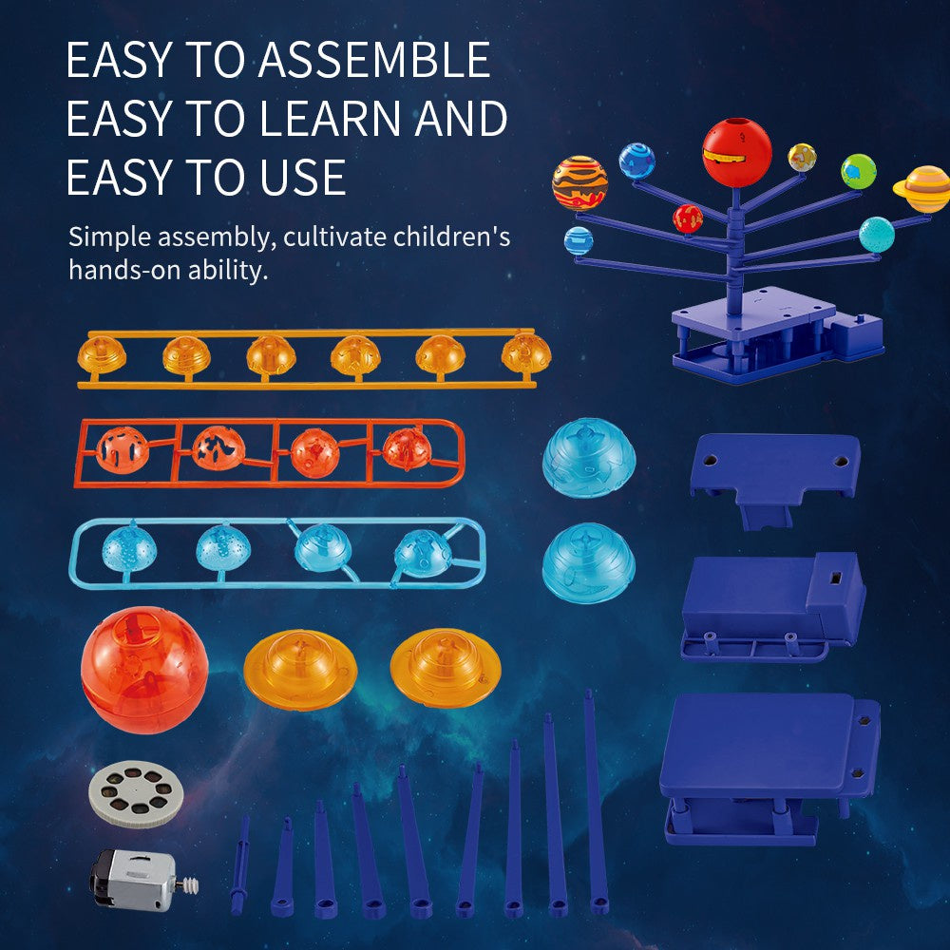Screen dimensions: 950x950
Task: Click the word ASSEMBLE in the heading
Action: point(374,61)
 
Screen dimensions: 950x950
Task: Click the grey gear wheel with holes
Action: point(136,790)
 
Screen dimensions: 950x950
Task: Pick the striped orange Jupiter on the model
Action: point(580,181)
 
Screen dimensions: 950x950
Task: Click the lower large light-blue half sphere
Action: point(588,564)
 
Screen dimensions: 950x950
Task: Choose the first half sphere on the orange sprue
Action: point(102,355)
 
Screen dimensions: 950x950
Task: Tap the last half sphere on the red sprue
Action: point(404,448)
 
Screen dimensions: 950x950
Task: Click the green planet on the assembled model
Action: point(858,171)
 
